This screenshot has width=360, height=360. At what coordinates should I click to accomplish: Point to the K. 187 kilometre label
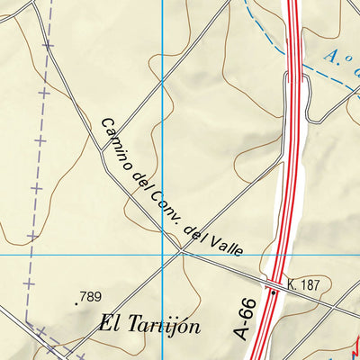coord(304,285)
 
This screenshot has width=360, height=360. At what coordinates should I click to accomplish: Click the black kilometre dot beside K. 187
coord(273,292)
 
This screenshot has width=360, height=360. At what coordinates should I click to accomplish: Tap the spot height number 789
coord(90,296)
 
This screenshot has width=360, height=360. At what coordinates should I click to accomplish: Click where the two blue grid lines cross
coord(163,255)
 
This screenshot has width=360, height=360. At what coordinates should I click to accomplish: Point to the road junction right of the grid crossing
coord(181,252)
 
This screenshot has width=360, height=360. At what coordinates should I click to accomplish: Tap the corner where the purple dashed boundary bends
coord(27,321)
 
